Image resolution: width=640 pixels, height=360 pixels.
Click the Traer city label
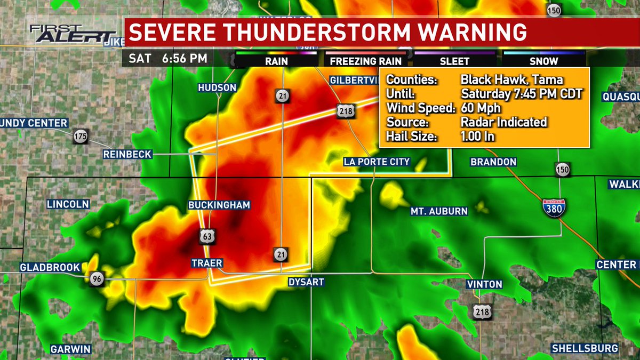click(207, 263)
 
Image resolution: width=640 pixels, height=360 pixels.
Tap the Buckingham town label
click(219, 205)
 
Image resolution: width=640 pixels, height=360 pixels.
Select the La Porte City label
click(377, 162)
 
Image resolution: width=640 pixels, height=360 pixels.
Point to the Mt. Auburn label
click(438, 211)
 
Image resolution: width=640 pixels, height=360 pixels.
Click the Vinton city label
click(484, 284)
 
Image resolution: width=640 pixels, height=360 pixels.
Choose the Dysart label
click(306, 282)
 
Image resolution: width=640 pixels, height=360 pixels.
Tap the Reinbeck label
click(128, 154)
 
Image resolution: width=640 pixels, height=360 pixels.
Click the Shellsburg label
click(585, 348)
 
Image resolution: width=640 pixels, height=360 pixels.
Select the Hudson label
click(217, 87)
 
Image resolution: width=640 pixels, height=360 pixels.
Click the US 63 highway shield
click(207, 235)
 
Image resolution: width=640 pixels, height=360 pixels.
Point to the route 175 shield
click(81, 136)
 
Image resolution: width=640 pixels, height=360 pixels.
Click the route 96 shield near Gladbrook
click(97, 279)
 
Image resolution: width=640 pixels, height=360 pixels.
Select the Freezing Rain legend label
click(361, 61)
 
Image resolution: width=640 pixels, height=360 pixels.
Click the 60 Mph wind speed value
click(481, 108)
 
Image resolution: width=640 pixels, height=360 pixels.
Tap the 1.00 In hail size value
click(478, 137)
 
